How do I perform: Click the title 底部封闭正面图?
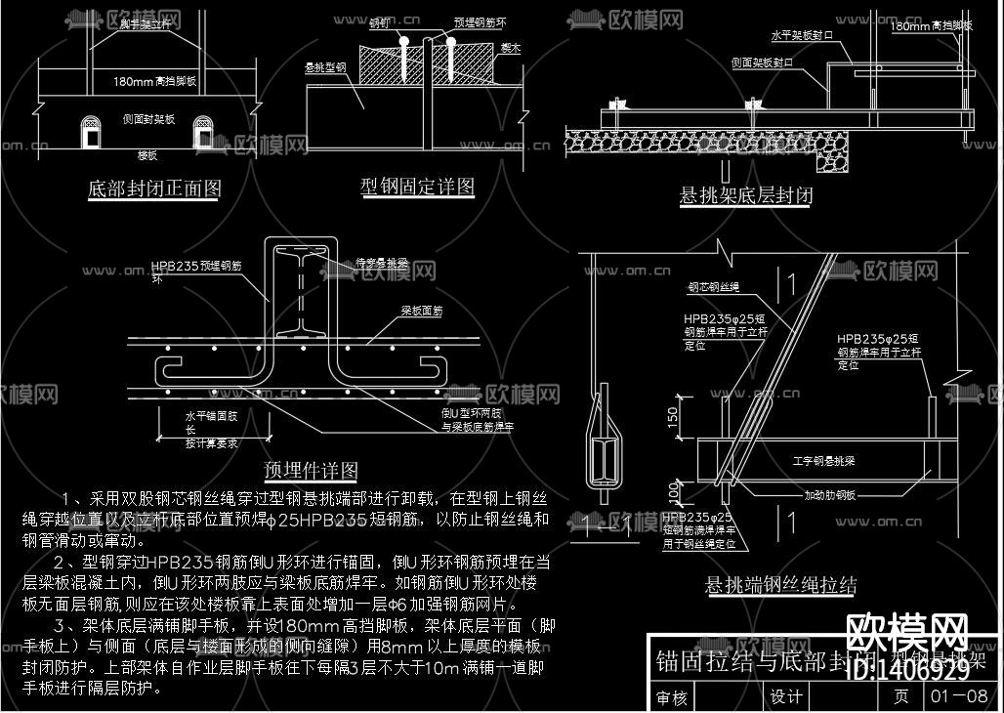click(154, 189)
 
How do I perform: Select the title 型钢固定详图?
click(418, 186)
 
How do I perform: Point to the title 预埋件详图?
click(312, 471)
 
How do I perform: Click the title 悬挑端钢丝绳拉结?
click(781, 585)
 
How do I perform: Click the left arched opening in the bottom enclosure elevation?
click(91, 132)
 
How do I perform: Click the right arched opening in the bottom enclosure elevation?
click(203, 132)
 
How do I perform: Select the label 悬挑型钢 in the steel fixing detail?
click(326, 68)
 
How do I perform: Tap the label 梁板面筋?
click(421, 311)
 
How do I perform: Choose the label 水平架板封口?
click(802, 34)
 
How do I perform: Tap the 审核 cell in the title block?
click(672, 697)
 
